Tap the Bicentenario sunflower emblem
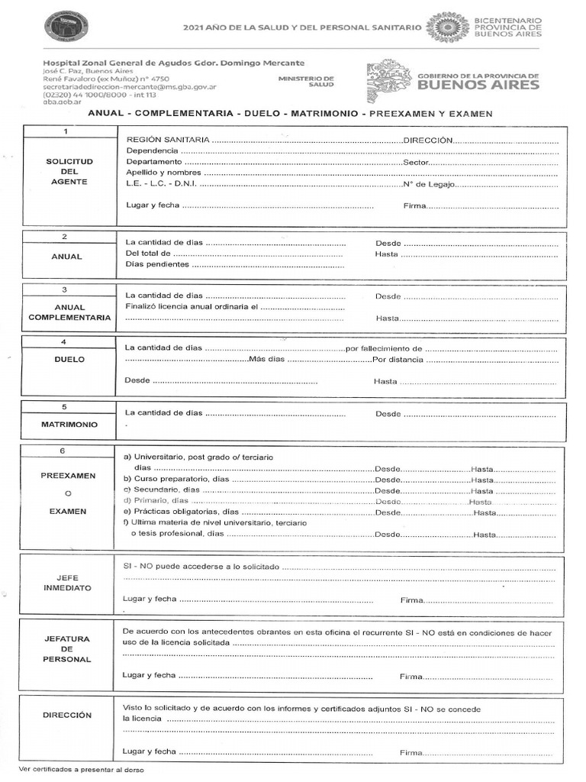tap(447, 27)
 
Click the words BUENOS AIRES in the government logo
tap(478, 85)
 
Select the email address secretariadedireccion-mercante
tap(130, 87)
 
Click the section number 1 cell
tap(66, 131)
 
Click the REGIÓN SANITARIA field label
tap(166, 141)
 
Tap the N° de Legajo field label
tap(428, 184)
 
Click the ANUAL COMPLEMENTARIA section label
tap(69, 312)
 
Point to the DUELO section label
tap(69, 359)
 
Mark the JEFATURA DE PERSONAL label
tap(67, 648)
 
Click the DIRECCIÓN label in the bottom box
tap(67, 716)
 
